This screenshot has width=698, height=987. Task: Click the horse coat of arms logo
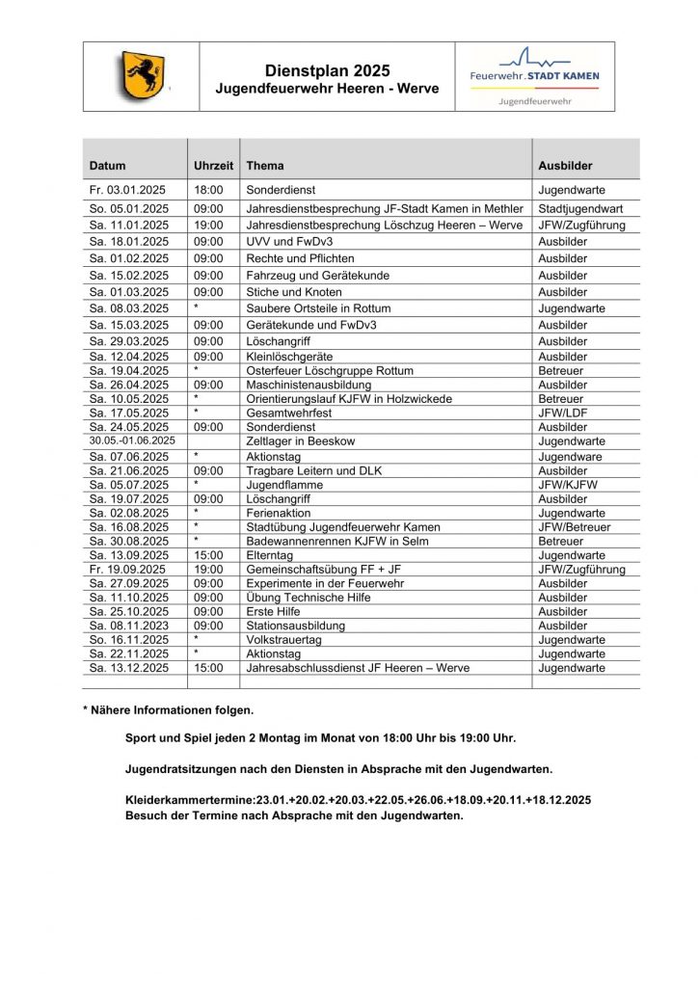point(143,76)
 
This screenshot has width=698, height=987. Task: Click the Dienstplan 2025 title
point(327,70)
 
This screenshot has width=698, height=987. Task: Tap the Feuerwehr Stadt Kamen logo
point(534,76)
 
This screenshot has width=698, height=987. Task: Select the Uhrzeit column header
point(213,166)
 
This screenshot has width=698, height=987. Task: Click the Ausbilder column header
point(565,166)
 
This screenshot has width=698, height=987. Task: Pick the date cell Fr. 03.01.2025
point(128,191)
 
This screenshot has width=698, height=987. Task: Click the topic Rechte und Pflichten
point(300,258)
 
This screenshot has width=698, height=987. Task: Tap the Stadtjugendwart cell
point(580,208)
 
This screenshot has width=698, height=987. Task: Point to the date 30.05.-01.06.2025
point(133,440)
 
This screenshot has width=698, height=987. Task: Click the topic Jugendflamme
point(284,485)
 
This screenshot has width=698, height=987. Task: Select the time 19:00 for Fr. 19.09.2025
point(208,570)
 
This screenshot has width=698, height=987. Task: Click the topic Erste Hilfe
point(274,611)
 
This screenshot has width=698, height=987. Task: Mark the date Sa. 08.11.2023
point(128,626)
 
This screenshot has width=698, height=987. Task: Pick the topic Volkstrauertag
point(285,639)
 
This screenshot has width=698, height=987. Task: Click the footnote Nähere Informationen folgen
point(169,710)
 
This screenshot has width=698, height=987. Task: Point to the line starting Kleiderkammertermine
point(358,800)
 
